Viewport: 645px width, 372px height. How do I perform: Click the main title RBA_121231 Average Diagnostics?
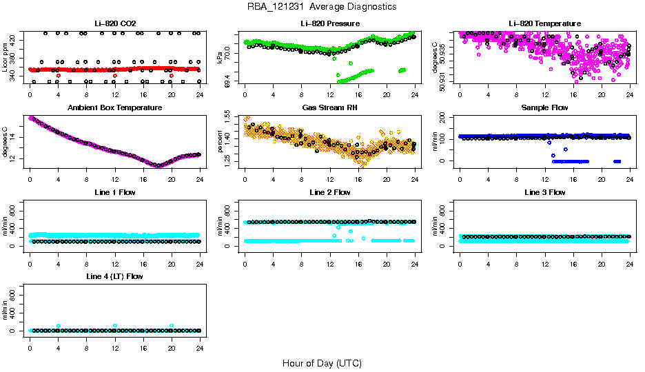pos(322,6)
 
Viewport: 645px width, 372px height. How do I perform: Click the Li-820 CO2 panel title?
pos(114,24)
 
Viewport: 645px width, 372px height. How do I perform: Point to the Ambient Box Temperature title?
pos(114,108)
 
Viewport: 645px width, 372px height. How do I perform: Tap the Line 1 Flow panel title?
pos(114,192)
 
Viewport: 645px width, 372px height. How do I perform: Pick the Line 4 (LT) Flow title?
pos(114,276)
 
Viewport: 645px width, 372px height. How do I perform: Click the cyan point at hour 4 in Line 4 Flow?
pos(59,326)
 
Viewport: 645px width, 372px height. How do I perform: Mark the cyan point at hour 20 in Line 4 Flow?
pos(172,326)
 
